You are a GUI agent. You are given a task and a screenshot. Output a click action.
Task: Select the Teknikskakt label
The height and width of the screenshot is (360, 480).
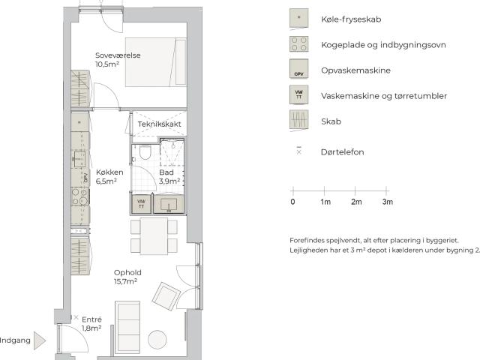coord(159,124)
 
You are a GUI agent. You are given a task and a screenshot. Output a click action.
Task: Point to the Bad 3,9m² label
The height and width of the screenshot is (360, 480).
coord(169,177)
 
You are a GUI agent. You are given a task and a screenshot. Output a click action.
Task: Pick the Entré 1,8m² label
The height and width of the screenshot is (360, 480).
coord(91,324)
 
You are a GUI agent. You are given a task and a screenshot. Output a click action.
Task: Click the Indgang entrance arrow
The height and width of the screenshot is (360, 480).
coord(40,340)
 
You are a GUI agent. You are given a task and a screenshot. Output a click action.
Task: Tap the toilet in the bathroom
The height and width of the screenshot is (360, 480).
coord(145,152)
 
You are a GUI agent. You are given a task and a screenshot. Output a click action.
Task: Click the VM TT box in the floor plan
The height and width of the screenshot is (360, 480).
coord(141,204)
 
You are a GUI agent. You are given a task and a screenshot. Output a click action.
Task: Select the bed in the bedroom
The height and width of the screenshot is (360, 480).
coord(156,62)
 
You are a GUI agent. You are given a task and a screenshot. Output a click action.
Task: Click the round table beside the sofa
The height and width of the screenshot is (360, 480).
coord(157,340)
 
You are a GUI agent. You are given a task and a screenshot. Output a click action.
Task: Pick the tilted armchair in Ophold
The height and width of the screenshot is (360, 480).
coord(166,296)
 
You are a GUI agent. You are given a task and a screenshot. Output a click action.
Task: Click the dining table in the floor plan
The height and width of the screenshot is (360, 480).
coord(154,236)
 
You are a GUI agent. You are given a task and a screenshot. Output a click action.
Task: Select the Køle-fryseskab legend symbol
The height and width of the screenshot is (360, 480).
coord(298,19)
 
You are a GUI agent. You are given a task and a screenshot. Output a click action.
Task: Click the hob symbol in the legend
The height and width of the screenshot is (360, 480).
coord(298,44)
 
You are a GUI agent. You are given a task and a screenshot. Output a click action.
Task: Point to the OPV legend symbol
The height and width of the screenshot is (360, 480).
coord(298,68)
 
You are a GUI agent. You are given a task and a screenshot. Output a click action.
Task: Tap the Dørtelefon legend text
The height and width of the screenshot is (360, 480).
coord(343,152)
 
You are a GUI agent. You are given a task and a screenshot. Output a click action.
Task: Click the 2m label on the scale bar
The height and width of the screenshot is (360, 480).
coord(356,202)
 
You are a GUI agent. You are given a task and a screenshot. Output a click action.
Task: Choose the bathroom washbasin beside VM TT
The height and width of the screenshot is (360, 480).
coord(169,204)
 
